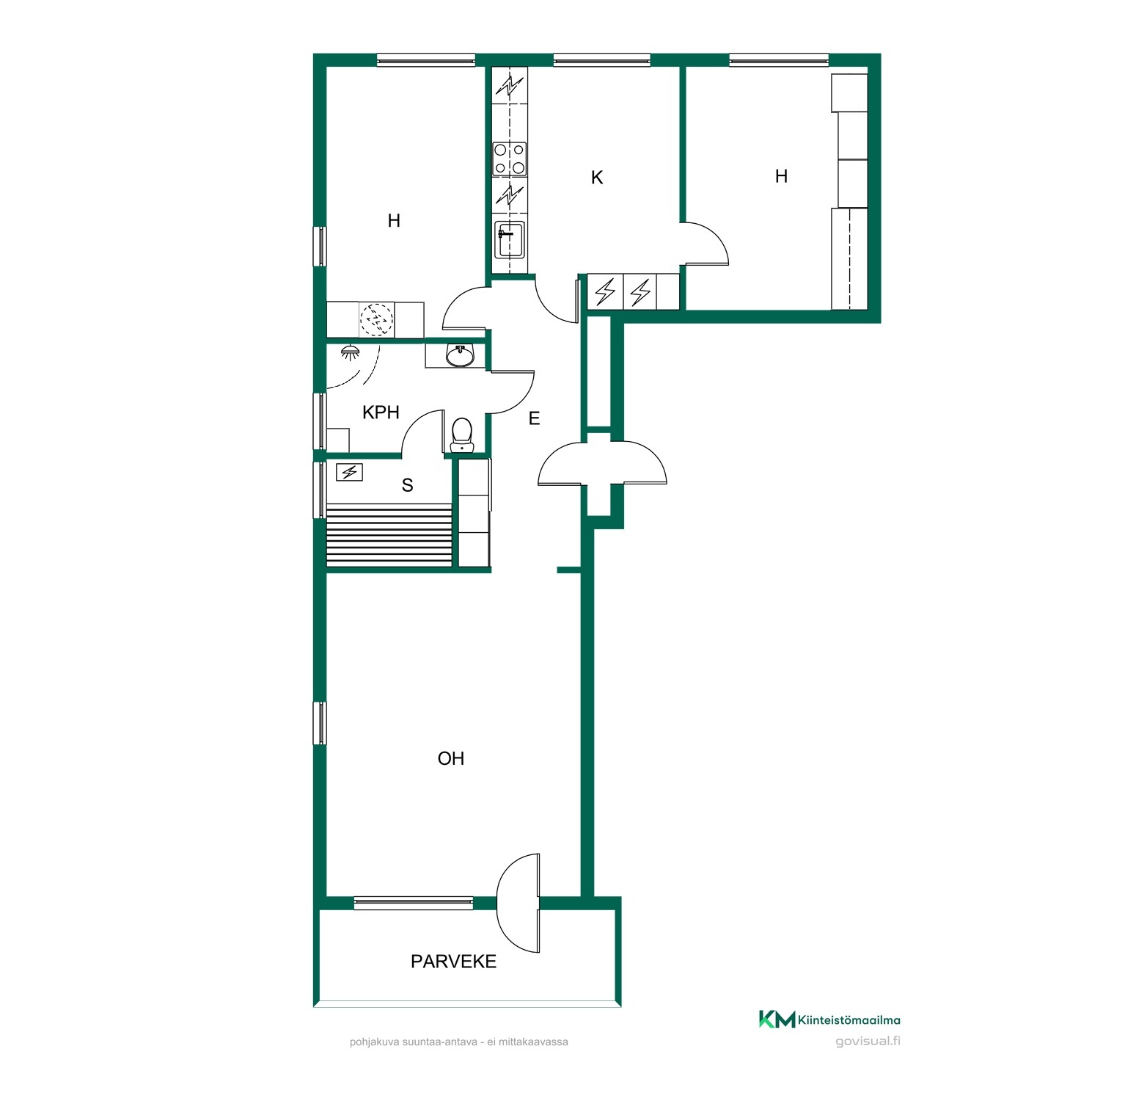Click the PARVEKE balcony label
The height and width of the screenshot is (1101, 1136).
[453, 962]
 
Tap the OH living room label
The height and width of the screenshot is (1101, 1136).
[451, 758]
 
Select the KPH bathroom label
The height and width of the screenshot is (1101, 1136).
[381, 413]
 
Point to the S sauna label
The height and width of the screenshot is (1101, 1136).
[407, 485]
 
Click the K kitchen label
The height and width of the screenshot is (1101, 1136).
[597, 178]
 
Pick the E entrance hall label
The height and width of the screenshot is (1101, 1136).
[534, 418]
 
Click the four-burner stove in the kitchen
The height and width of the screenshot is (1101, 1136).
[510, 159]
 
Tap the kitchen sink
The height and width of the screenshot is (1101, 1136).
[510, 239]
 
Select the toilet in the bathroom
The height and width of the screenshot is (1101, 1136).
[461, 435]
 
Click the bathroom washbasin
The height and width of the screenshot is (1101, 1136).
[460, 356]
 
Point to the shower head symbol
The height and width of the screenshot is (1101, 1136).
[350, 353]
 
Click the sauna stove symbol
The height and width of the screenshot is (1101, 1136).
[349, 472]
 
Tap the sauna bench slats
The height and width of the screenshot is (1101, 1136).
[389, 535]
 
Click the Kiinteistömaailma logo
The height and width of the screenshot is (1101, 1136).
[829, 1020]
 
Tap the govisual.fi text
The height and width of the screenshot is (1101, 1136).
[868, 1041]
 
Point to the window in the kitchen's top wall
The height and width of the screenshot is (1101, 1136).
[602, 60]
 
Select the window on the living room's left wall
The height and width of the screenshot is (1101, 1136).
[320, 723]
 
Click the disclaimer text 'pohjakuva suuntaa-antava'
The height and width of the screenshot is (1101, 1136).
[414, 1042]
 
